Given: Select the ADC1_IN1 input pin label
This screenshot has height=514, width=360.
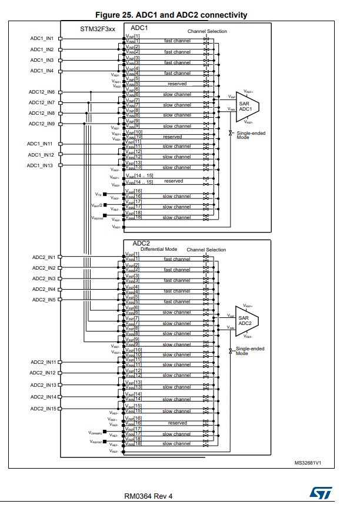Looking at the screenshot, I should click(42, 39).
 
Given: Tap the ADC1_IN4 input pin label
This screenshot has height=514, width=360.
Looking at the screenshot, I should click(42, 71).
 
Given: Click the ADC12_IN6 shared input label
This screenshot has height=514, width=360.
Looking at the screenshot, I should click(42, 92).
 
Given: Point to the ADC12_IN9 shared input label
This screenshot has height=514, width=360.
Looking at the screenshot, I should click(42, 124).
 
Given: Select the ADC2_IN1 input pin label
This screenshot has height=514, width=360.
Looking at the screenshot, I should click(43, 257).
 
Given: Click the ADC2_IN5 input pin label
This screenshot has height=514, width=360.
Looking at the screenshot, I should click(43, 300).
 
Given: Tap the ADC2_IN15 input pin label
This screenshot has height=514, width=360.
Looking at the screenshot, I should click(43, 409).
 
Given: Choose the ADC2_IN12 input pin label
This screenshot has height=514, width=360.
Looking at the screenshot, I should click(43, 373).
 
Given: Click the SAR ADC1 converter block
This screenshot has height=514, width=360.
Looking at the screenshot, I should click(245, 106).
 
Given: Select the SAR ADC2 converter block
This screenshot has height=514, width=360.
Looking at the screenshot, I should click(245, 321).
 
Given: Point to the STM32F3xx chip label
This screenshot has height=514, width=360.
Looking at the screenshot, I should click(98, 29).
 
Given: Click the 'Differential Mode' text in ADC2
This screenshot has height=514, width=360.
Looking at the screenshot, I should click(159, 250).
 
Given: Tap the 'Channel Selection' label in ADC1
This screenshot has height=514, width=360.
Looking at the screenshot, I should click(207, 31).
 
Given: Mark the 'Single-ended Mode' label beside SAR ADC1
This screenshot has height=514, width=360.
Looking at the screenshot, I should click(251, 135).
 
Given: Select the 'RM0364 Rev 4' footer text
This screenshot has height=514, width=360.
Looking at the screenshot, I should click(148, 496).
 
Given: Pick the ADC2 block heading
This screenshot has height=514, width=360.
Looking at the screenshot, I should click(141, 243).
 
